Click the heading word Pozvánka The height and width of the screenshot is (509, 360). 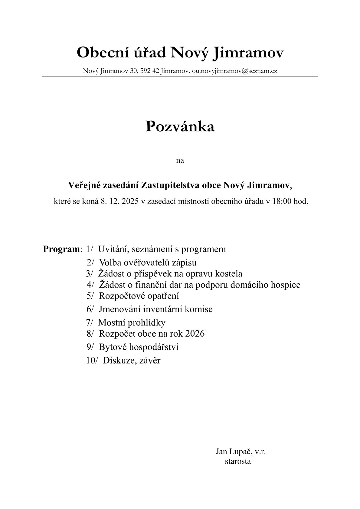pos(180,126)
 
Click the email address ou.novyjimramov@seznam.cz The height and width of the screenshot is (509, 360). pos(234,71)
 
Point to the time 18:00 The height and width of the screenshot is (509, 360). pos(283,201)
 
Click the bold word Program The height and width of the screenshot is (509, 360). pos(61,249)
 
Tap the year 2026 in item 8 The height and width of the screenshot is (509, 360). pos(195,334)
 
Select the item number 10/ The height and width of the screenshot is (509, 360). pos(92,361)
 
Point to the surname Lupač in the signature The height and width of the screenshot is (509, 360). pos(241,452)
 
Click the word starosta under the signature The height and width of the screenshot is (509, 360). pos(238,462)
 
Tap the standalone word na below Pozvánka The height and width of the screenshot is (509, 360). pos(180,160)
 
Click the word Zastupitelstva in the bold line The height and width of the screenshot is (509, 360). pos(181,185)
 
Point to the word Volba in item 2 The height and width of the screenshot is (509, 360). pos(110,262)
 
